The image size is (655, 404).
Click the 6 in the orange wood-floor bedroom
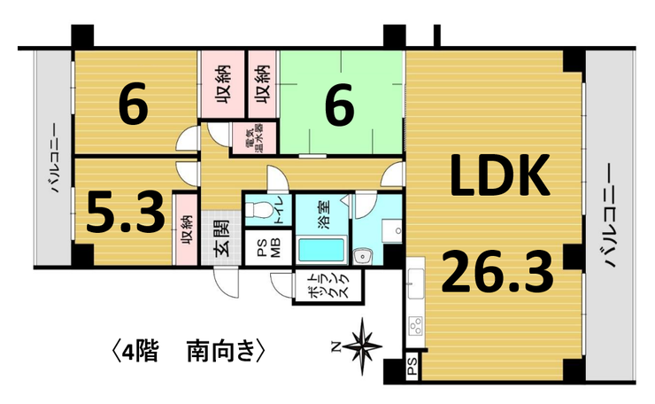pos(133,107)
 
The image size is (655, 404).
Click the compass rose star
pos(362,342)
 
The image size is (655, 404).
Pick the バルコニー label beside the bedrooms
pos(52,160)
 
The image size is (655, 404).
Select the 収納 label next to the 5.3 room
pos(187,229)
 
